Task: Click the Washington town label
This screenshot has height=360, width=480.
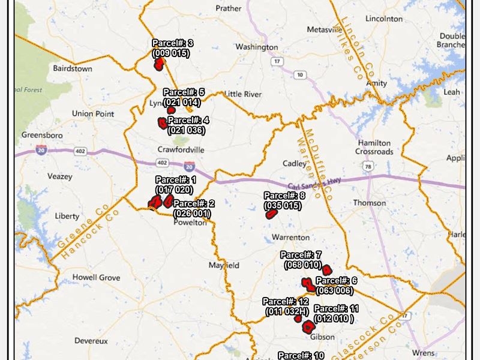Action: (x=256, y=47)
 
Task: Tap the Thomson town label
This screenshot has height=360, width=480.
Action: (x=369, y=203)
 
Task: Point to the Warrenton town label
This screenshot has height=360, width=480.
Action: (x=290, y=238)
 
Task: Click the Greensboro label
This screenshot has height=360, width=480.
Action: (x=42, y=135)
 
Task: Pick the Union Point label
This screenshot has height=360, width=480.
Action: (x=93, y=113)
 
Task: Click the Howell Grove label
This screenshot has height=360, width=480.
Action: (x=96, y=277)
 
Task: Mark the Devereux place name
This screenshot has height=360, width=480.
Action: (x=91, y=340)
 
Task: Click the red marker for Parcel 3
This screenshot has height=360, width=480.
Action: (x=159, y=64)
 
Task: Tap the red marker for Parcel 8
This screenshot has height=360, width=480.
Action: (x=269, y=214)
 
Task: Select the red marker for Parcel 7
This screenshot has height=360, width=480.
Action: (x=326, y=269)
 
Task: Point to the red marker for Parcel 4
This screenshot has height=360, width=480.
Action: (x=162, y=123)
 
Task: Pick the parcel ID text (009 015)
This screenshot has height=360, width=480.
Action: (x=171, y=53)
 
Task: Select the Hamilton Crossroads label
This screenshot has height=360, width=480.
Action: (x=374, y=148)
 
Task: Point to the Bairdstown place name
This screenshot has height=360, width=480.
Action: (x=73, y=68)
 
